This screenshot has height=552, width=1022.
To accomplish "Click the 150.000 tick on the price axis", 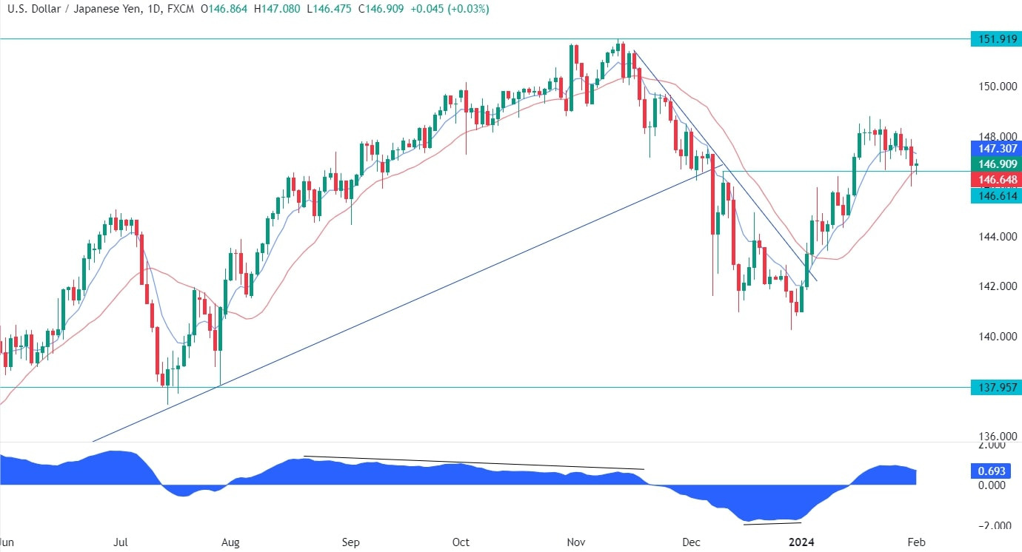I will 995,87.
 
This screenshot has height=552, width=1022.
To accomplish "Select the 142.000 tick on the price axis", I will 995,287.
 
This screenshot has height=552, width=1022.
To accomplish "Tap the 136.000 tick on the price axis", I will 995,437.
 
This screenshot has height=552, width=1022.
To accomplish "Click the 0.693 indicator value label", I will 992,471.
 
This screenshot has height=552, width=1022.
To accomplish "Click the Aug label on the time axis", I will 230,542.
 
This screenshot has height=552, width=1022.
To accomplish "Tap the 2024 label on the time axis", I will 802,542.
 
